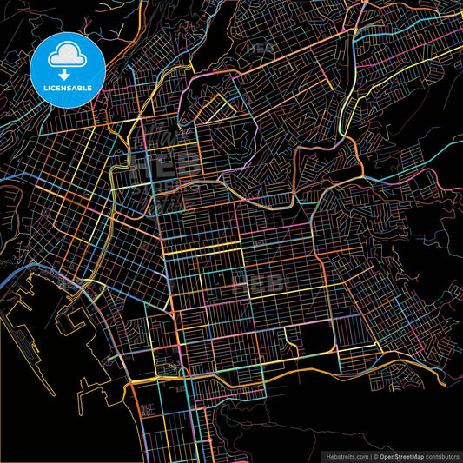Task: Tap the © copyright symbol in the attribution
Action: [374, 455]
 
